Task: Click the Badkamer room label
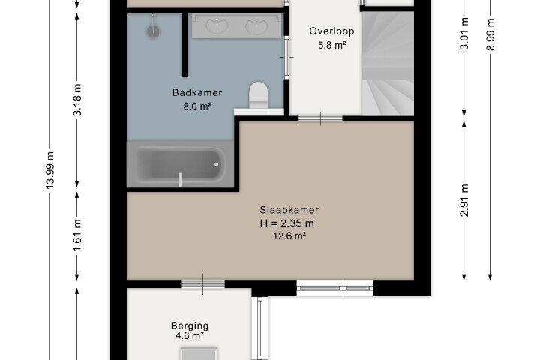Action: tap(197, 92)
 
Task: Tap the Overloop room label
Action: tap(331, 31)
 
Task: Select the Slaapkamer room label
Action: tap(289, 210)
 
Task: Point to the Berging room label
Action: tap(190, 325)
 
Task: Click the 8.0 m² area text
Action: tap(197, 106)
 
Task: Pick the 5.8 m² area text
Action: tap(331, 45)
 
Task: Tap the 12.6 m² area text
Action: tap(289, 236)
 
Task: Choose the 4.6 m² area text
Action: tap(190, 335)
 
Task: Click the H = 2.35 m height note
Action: tap(286, 223)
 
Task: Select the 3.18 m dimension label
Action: tap(78, 100)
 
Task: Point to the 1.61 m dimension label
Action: tap(78, 235)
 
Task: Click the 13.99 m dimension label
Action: tap(50, 170)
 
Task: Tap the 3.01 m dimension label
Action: tap(464, 34)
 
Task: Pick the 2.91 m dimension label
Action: tap(464, 200)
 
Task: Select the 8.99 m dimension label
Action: tap(490, 34)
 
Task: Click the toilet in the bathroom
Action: tap(258, 95)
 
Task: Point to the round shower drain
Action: tap(153, 31)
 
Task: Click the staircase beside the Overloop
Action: tap(388, 64)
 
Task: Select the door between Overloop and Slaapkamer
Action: tap(321, 118)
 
